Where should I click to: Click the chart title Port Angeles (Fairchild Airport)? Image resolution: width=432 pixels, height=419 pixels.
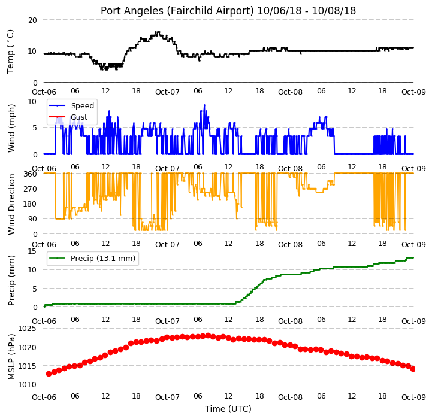pyautogui.click(x=177, y=11)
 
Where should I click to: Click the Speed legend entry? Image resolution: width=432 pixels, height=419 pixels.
pyautogui.click(x=72, y=106)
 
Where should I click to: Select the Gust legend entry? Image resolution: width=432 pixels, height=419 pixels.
pyautogui.click(x=68, y=117)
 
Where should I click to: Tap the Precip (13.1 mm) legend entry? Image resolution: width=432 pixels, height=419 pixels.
pyautogui.click(x=92, y=258)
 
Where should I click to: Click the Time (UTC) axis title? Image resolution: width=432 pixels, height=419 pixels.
pyautogui.click(x=228, y=409)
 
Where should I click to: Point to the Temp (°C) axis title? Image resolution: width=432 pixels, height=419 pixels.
pyautogui.click(x=10, y=51)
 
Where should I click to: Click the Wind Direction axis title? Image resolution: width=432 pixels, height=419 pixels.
pyautogui.click(x=11, y=204)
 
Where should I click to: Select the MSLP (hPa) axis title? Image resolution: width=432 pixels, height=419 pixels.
pyautogui.click(x=11, y=357)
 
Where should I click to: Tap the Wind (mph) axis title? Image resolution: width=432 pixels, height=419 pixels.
pyautogui.click(x=11, y=128)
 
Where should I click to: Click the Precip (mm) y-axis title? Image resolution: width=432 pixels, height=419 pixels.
pyautogui.click(x=11, y=281)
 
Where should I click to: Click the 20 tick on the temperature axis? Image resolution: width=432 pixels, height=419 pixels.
pyautogui.click(x=32, y=20)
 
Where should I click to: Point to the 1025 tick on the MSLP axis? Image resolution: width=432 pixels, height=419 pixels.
pyautogui.click(x=28, y=329)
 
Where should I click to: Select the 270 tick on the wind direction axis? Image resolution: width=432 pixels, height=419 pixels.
pyautogui.click(x=30, y=189)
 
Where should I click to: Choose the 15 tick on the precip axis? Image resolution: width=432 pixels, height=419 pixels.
pyautogui.click(x=32, y=251)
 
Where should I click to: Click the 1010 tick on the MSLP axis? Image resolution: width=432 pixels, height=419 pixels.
pyautogui.click(x=28, y=385)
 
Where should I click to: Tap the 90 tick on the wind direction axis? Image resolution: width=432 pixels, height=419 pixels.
pyautogui.click(x=32, y=219)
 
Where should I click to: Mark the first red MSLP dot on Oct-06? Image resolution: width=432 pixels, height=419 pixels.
pyautogui.click(x=49, y=374)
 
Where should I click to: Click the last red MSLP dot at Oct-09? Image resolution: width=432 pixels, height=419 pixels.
pyautogui.click(x=413, y=369)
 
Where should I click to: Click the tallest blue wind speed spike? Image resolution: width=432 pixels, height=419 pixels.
pyautogui.click(x=204, y=105)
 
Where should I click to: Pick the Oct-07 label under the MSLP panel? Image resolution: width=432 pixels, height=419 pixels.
pyautogui.click(x=167, y=397)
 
